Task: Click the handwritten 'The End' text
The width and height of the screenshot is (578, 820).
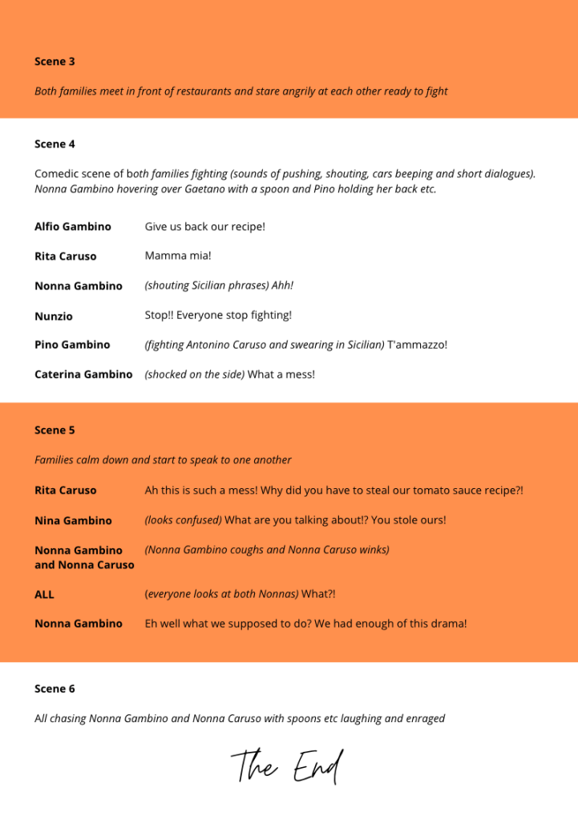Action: pos(288,766)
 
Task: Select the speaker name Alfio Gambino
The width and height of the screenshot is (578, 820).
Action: pos(73,227)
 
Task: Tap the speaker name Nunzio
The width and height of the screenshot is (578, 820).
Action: pos(54,316)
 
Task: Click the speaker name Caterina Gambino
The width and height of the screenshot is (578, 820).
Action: pos(83,374)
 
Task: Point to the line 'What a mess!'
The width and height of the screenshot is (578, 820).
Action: pos(281,374)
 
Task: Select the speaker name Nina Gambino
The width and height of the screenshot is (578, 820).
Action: pos(73,520)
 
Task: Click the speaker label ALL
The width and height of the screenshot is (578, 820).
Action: pos(44,595)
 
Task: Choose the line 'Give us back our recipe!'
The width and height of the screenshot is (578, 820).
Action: pos(204,227)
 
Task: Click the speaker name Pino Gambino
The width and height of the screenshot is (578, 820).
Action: pos(72,345)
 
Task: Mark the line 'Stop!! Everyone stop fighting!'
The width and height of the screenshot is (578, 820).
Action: pos(218,315)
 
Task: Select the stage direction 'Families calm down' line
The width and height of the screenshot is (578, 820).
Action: pos(163,460)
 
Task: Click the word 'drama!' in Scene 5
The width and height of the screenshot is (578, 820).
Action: pos(447,624)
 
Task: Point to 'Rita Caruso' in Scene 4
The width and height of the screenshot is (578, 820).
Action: pos(65,257)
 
